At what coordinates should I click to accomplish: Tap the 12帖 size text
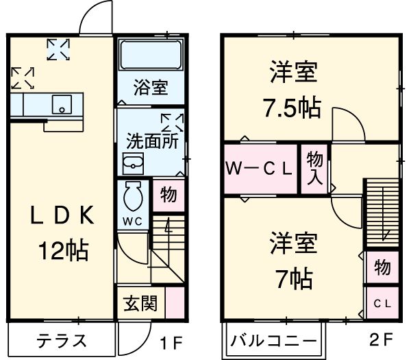pyautogui.click(x=62, y=251)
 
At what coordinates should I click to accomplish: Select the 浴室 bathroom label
pyautogui.click(x=150, y=88)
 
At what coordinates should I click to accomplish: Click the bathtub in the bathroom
pyautogui.click(x=150, y=55)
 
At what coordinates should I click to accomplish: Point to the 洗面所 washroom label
pyautogui.click(x=151, y=139)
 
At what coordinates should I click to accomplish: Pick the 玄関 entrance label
pyautogui.click(x=140, y=302)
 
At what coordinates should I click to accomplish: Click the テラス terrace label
pyautogui.click(x=62, y=341)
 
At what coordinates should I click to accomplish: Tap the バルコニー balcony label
pyautogui.click(x=273, y=341)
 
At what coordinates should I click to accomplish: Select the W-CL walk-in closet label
pyautogui.click(x=260, y=168)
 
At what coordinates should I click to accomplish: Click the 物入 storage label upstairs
pyautogui.click(x=315, y=169)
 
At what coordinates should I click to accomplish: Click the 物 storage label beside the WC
pyautogui.click(x=169, y=194)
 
